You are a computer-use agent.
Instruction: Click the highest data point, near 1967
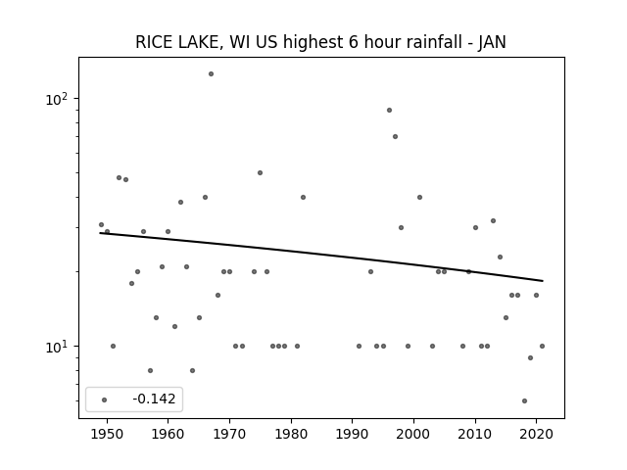pos(211,74)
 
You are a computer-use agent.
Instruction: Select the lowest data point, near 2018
pos(524,400)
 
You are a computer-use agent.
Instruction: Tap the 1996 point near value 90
pos(389,111)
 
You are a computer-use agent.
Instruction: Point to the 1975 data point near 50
pos(260,172)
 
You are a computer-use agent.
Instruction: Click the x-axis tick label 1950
pos(107,434)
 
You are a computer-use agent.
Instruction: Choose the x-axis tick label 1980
pos(291,434)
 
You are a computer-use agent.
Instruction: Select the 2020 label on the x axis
pos(537,434)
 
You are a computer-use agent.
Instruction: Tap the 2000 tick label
pos(413,434)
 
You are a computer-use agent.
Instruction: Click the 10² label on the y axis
pos(57,99)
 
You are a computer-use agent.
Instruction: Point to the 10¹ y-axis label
pos(57,347)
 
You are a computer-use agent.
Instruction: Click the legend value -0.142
pos(154,399)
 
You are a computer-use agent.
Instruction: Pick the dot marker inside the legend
pos(104,399)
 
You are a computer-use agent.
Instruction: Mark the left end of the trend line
pos(100,233)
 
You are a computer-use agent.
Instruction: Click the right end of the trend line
pos(543,281)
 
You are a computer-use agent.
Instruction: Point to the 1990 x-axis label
pos(353,434)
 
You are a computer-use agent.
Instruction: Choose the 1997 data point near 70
pos(395,137)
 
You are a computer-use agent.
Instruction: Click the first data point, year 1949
pos(101,224)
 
